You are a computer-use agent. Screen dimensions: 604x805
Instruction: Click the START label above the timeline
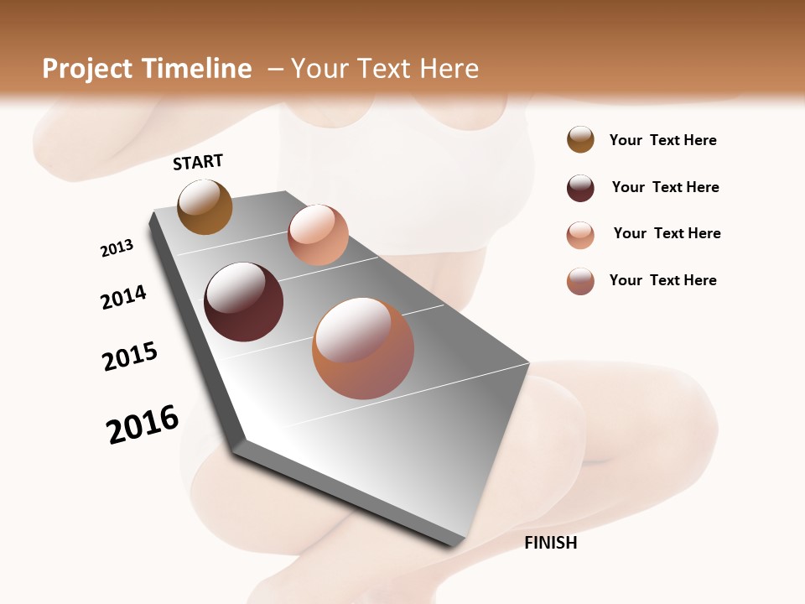(198, 162)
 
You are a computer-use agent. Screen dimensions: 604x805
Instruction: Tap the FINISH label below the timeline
(550, 543)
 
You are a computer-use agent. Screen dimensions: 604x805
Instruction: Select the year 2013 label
(117, 248)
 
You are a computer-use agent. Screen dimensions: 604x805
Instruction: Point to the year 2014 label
(123, 297)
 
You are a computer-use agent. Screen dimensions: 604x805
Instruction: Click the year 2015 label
(130, 357)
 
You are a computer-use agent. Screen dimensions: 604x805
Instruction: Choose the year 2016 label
(143, 424)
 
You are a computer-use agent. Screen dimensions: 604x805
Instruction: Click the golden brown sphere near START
(205, 206)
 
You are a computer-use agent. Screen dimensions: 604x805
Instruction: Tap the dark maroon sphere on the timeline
(243, 302)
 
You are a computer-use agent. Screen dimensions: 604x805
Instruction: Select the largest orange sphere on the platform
(363, 348)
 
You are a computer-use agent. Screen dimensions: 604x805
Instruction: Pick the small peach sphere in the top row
(318, 235)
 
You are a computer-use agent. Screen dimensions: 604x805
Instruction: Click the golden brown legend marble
(580, 140)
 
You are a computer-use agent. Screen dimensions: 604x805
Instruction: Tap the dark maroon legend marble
(580, 188)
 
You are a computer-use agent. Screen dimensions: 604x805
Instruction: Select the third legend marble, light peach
(580, 235)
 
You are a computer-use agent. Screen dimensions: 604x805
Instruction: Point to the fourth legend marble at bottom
(580, 281)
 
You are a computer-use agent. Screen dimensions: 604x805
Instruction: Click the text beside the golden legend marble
(662, 141)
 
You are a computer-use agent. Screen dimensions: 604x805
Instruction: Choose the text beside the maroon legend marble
(665, 187)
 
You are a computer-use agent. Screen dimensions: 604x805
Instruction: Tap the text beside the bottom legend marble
(662, 280)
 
